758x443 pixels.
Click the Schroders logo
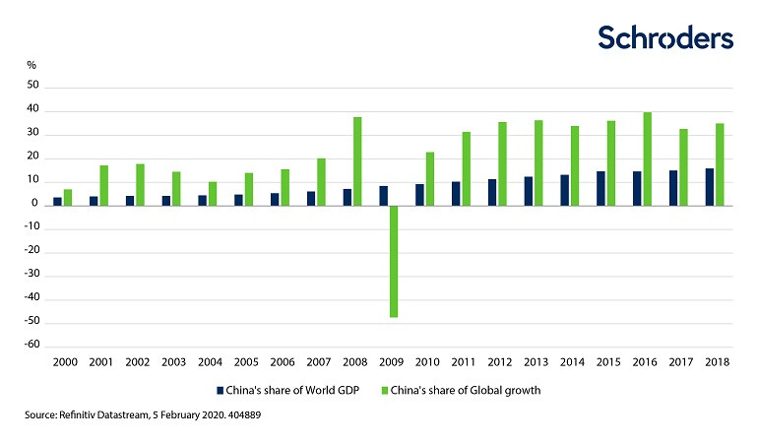pos(665,37)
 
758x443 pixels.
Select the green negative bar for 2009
pos(394,261)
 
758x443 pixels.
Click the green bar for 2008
pos(357,161)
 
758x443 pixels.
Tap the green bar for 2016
pos(647,158)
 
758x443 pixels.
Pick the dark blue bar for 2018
pos(710,187)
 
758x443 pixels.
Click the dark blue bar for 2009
pos(383,195)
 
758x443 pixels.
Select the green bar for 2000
pos(68,197)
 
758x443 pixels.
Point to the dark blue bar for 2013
pos(529,191)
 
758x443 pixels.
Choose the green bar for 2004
pos(213,193)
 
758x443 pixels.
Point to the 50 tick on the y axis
pos(32,87)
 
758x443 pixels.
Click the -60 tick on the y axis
pos(31,346)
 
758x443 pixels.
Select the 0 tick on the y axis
pos(34,205)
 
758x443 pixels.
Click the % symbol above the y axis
pos(32,65)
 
